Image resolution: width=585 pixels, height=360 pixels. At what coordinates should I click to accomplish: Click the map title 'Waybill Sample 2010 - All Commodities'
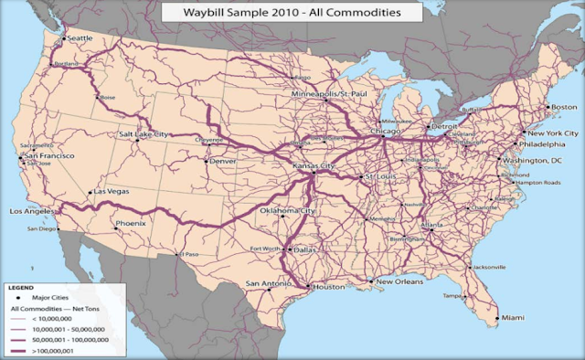pos(292,13)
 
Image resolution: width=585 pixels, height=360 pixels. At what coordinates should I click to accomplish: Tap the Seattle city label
pos(80,38)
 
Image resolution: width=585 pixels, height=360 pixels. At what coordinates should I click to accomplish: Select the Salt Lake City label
pos(144,134)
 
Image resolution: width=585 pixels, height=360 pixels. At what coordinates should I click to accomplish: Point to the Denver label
pos(222,161)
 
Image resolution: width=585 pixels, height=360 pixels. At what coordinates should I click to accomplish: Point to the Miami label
pos(512,318)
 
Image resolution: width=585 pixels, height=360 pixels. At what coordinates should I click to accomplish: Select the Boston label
pos(562,108)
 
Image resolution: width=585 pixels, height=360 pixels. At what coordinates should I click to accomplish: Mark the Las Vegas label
pos(109,193)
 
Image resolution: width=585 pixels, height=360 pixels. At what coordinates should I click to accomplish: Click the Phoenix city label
pos(130,224)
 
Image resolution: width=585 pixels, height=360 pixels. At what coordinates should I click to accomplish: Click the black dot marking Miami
pos(498,319)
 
